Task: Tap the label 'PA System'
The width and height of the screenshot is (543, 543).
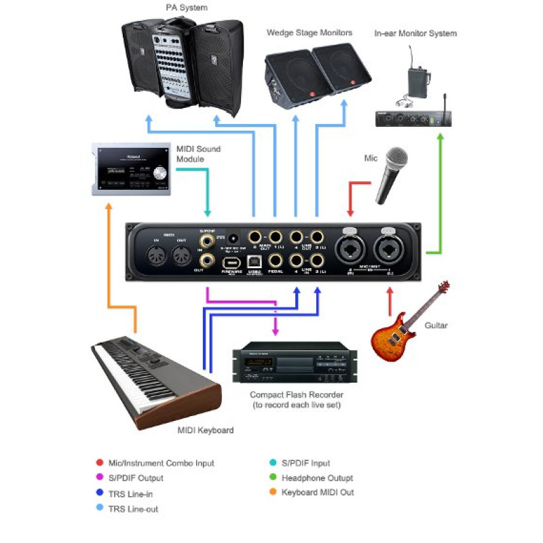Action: [x=186, y=7]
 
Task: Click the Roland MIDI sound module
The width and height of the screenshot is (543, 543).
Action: [x=132, y=169]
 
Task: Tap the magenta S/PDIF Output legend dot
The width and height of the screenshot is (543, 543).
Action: [x=100, y=478]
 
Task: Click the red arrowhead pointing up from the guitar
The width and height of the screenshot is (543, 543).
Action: [x=389, y=292]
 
